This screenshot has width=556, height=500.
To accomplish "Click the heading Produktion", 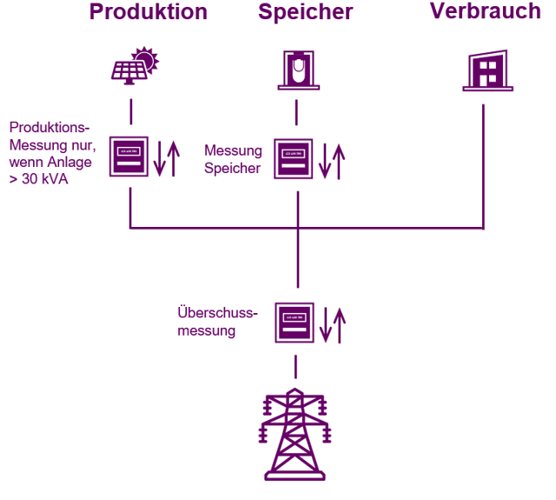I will (149, 13).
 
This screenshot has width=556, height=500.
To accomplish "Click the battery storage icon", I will (296, 70).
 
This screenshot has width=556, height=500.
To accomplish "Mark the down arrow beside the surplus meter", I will (325, 324).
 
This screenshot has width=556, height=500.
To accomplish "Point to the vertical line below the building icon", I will (483, 165).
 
